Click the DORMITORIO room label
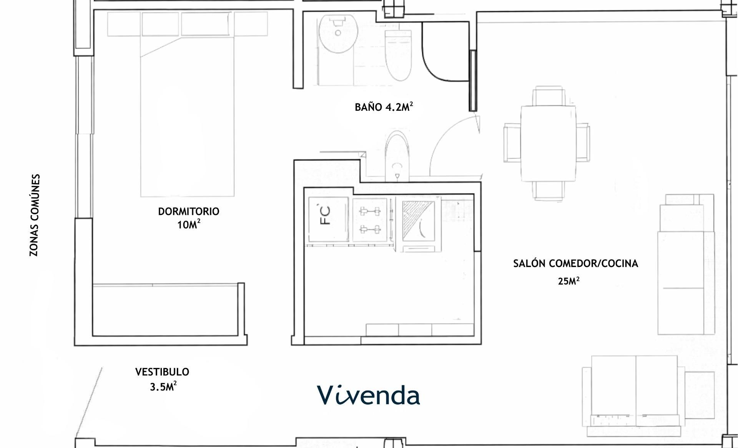pos(188,212)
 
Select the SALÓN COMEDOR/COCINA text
pos(575,263)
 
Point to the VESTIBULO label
pos(162,372)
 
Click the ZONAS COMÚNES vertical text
pos(35,215)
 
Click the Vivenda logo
pos(368,395)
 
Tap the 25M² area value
pos(568,281)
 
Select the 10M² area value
pos(188,225)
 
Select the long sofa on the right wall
pos(686,265)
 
